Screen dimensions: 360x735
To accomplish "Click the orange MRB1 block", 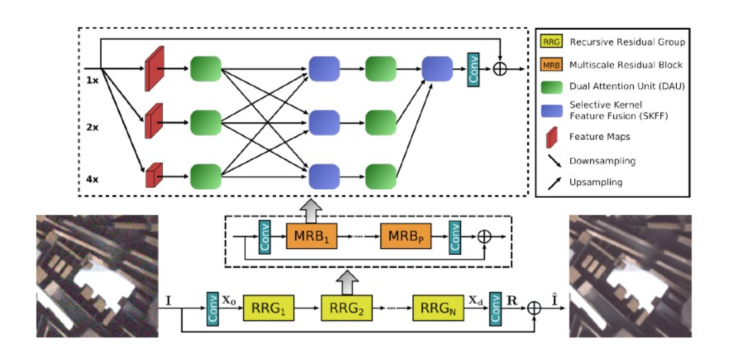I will [x=312, y=236].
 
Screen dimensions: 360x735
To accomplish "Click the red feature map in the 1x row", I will [x=153, y=69].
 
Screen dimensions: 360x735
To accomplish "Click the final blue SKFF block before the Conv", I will [x=437, y=69].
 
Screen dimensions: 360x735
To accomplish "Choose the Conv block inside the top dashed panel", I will [x=473, y=68].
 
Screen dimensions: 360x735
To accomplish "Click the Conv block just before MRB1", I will [x=264, y=236].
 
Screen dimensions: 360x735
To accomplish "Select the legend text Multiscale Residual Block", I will [x=627, y=65].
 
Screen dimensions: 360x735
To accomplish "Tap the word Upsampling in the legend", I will [x=595, y=181].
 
